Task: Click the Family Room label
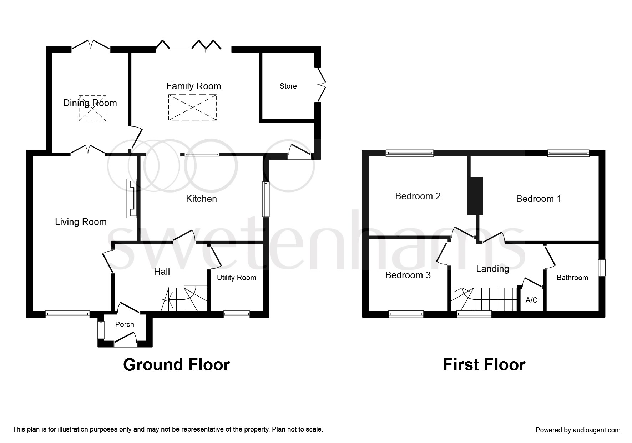coord(193,86)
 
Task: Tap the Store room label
coord(288,86)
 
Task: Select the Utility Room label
coord(236,278)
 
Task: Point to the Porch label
coord(125,324)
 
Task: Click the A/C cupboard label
coord(531,300)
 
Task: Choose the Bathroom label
coord(572,278)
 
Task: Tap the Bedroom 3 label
coord(408,275)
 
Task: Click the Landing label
coord(492,269)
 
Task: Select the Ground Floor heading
coord(176,365)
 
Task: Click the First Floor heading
coord(484,365)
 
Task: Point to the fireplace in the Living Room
coord(131,198)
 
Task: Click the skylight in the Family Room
coord(193,108)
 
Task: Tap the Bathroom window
coord(602,267)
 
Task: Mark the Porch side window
coord(101,330)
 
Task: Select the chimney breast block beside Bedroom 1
coord(475,196)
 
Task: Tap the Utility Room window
coord(237,314)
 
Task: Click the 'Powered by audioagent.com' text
coord(578,430)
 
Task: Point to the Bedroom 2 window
coord(410,153)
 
